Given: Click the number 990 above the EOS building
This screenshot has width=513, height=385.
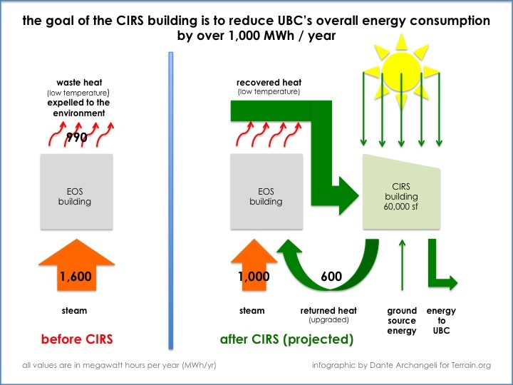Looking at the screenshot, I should (x=76, y=138).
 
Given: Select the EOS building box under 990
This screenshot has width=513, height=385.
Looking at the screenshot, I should (x=75, y=192).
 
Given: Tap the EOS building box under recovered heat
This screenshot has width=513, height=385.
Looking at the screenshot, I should (x=266, y=192).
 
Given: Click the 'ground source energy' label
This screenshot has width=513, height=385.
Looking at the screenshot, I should (x=402, y=320).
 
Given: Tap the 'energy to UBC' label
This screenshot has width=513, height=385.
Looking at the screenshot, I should (x=441, y=320).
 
